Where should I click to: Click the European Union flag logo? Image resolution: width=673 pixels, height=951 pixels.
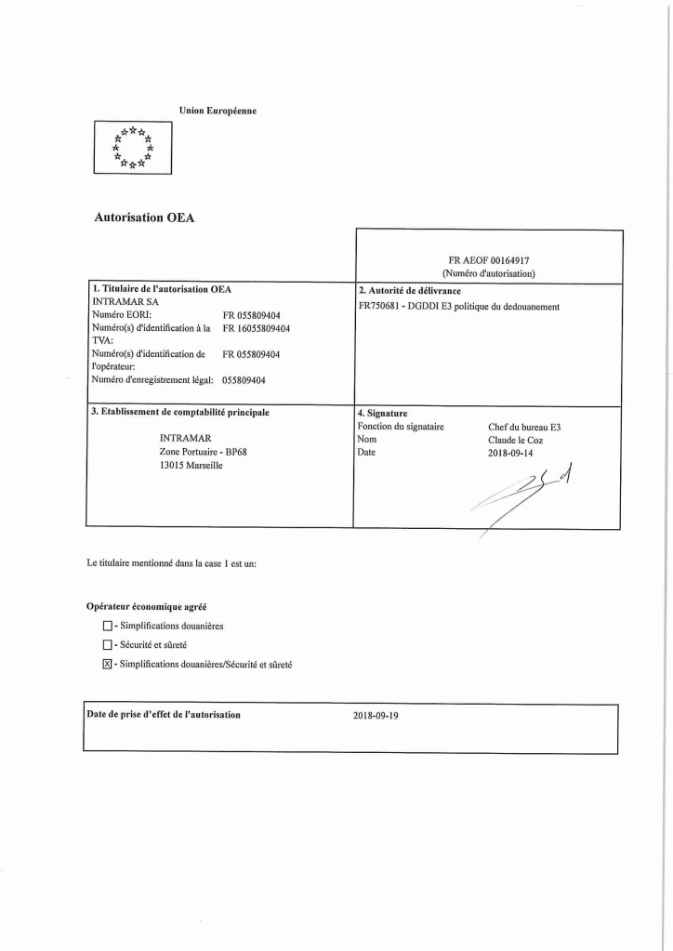click(x=131, y=148)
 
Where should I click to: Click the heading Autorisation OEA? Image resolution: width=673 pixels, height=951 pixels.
click(x=144, y=218)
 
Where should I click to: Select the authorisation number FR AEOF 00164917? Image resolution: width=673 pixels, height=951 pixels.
click(x=489, y=261)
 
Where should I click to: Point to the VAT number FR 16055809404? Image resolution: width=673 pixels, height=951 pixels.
click(x=257, y=328)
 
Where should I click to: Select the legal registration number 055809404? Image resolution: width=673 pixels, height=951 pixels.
click(x=244, y=379)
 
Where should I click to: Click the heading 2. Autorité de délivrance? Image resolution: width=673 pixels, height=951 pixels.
click(x=409, y=290)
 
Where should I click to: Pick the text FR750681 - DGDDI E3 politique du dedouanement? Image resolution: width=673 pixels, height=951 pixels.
click(x=458, y=306)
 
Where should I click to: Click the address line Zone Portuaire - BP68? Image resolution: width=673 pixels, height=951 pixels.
click(x=204, y=451)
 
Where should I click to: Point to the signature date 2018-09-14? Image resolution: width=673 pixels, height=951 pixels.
click(x=513, y=453)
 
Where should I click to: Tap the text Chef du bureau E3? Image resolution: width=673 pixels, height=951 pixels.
click(x=524, y=427)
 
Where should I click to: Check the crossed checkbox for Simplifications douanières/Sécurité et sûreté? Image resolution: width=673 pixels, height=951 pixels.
click(x=107, y=664)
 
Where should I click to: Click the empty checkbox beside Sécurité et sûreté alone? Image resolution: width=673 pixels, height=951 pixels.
click(x=107, y=644)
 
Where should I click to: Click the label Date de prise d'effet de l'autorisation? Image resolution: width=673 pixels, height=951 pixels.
click(x=164, y=714)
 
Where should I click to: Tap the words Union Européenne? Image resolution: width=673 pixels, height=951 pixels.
click(x=218, y=111)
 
